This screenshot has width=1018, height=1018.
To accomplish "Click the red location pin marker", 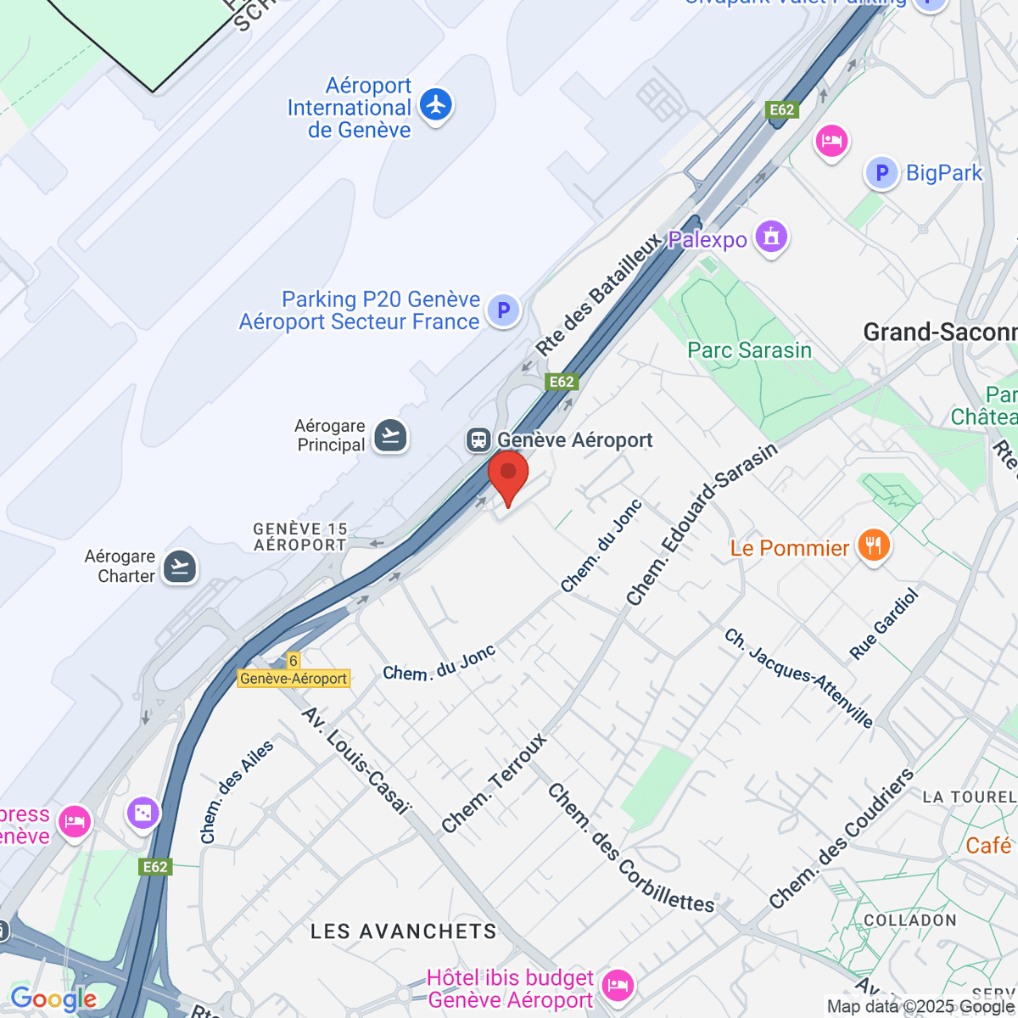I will point(508,475).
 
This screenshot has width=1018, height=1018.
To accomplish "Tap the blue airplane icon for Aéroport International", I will point(436,105).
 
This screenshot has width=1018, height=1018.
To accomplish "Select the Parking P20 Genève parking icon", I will point(503,310).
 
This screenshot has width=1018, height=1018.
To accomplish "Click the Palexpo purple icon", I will point(771,237).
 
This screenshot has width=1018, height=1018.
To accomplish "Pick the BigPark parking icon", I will point(881,173).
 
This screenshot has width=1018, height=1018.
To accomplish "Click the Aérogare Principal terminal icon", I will point(390,436).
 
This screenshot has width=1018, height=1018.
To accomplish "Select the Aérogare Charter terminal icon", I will point(179,566).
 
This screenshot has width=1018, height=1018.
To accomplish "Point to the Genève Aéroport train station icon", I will point(478,439).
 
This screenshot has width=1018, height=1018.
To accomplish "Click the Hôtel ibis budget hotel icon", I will point(617,986).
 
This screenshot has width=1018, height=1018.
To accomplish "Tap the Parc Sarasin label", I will point(749,350).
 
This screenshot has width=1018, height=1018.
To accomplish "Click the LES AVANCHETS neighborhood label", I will point(403,931).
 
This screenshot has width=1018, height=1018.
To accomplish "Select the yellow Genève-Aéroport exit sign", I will point(294,678).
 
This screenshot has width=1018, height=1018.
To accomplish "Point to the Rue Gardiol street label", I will point(884,624).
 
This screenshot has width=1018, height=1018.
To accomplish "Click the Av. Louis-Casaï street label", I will point(356,760).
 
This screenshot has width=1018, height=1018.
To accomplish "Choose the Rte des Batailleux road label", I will point(597,294).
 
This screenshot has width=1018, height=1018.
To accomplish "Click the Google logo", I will point(53,998).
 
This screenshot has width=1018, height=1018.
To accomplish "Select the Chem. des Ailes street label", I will point(237,792).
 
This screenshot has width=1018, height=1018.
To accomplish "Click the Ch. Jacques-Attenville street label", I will point(798,678).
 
